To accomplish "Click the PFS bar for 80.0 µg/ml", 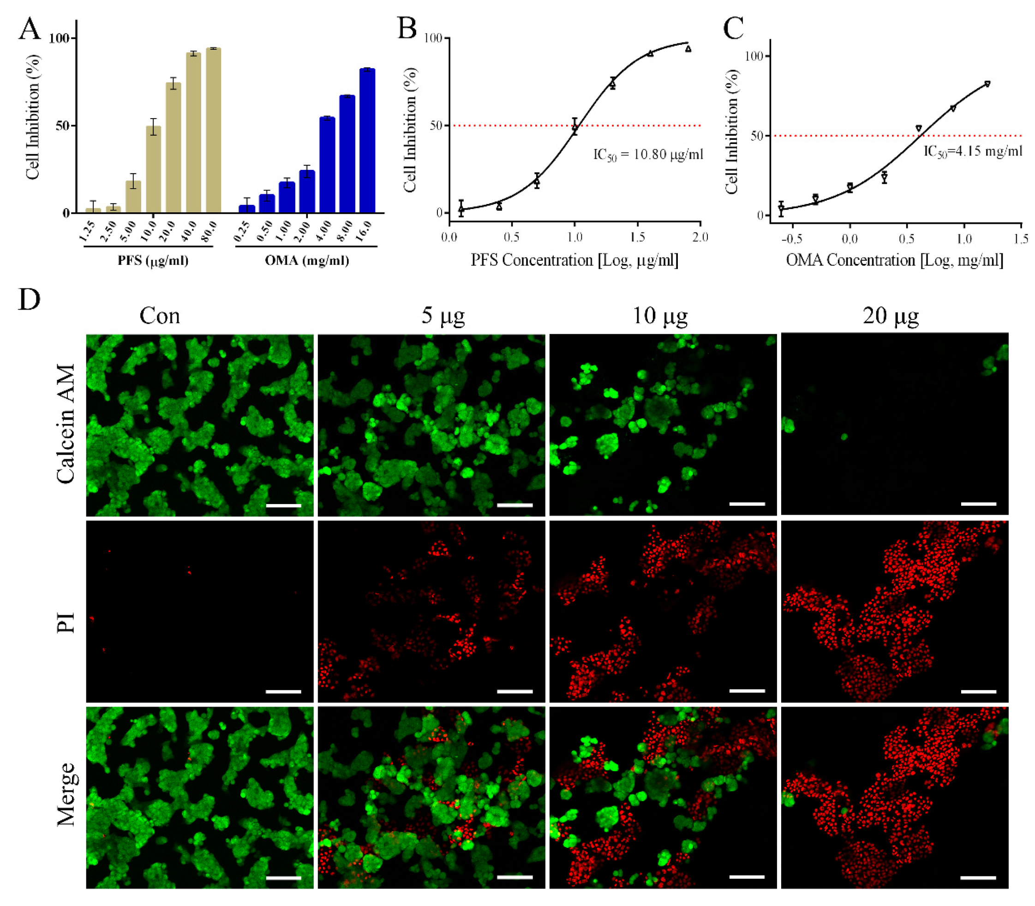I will click(x=213, y=131).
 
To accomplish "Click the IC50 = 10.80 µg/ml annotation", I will click(x=648, y=154).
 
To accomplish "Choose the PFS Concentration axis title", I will click(x=574, y=260).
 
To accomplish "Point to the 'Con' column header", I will click(x=160, y=316).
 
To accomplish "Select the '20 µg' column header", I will click(x=891, y=316).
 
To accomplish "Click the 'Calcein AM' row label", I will click(x=66, y=424).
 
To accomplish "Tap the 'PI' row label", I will click(x=66, y=622).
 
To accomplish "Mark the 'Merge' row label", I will click(x=66, y=794).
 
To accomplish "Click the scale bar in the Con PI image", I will click(x=283, y=691).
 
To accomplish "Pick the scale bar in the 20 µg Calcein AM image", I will click(x=978, y=504).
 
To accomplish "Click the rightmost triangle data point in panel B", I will click(x=688, y=49).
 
